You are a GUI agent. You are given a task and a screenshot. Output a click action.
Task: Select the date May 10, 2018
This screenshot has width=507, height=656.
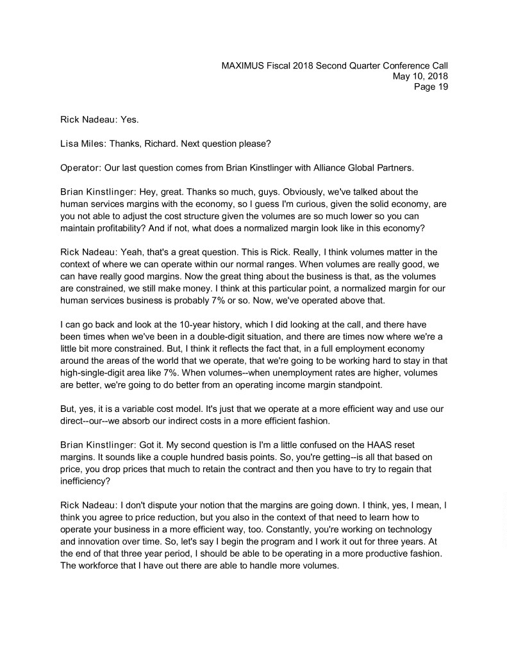[x=420, y=76]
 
